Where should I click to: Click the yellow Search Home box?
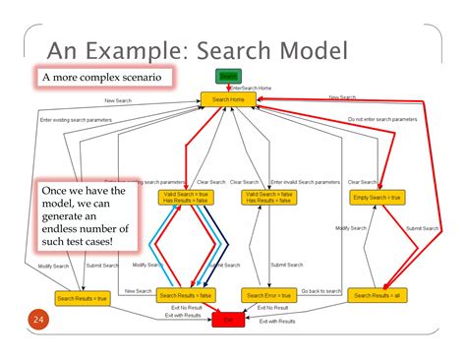[229, 99]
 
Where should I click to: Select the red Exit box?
[228, 320]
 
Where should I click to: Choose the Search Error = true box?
[267, 295]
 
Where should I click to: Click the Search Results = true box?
[82, 298]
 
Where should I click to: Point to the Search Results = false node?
[186, 295]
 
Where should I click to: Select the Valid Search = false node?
[267, 198]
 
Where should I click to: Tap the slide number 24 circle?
[38, 321]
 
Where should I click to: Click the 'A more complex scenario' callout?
[101, 77]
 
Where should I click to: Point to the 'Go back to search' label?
[320, 291]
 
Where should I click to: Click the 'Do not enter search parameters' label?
[381, 119]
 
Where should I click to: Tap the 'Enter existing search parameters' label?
[76, 120]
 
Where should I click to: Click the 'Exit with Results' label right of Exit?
[277, 322]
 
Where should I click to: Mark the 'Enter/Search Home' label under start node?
[251, 88]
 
